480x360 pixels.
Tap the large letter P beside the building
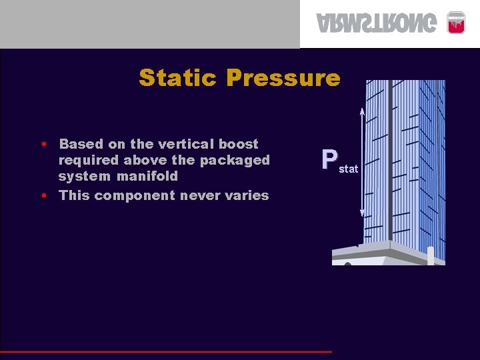click(x=329, y=160)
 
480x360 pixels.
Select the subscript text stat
click(x=349, y=169)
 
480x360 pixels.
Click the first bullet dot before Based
click(x=43, y=144)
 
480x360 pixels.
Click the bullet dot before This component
click(x=43, y=196)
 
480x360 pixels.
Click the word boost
click(x=239, y=144)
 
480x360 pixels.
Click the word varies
click(x=247, y=195)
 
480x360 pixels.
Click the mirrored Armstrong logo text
click(x=378, y=23)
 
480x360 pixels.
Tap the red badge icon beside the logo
click(x=455, y=22)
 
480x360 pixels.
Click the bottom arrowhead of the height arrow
click(x=362, y=213)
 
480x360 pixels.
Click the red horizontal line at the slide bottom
click(x=167, y=351)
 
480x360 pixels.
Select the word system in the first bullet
click(x=79, y=176)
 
